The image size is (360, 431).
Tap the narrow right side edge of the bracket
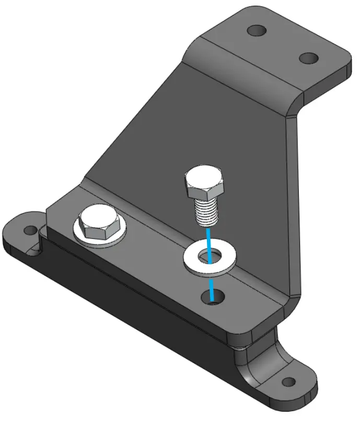click(294, 209)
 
